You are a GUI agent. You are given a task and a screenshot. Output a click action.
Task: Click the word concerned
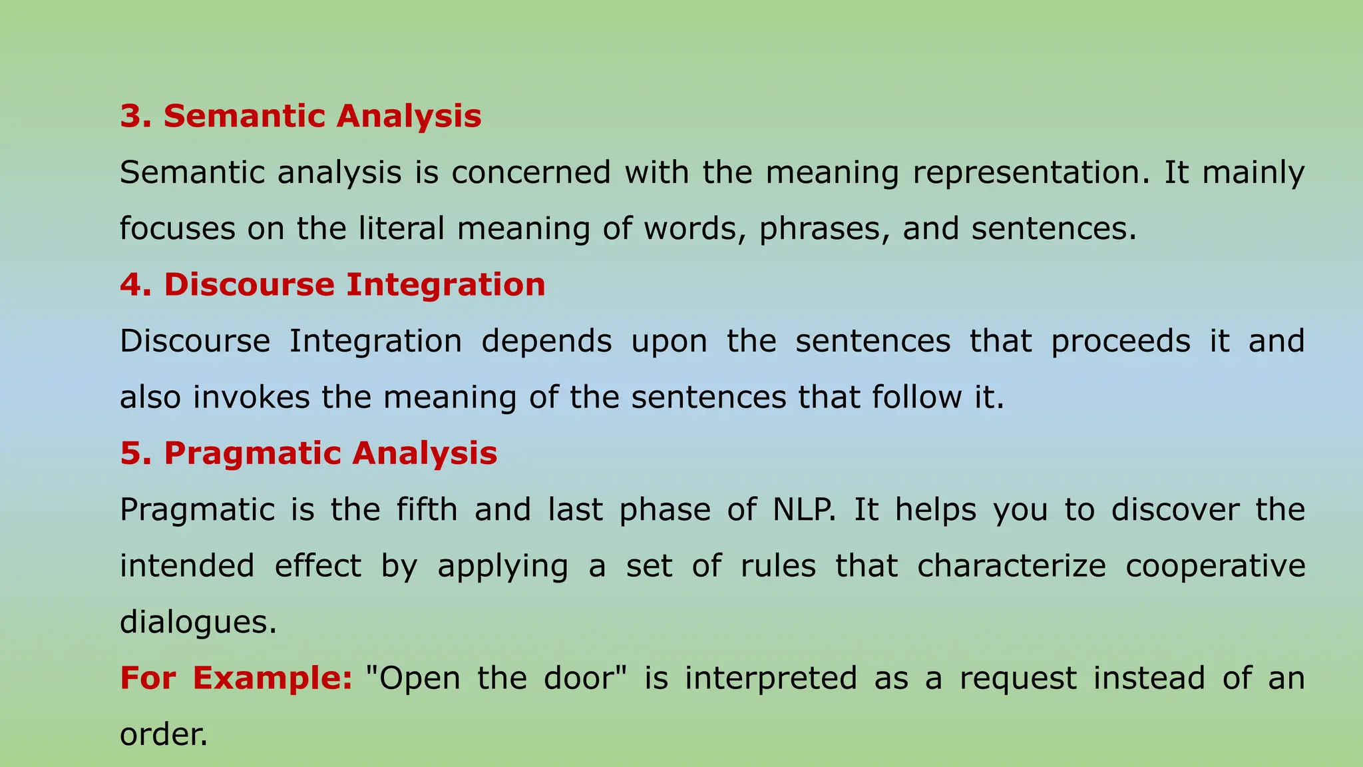[531, 172]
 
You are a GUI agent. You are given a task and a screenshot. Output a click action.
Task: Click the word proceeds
[1121, 342]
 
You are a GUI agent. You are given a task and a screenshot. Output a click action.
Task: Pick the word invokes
[252, 397]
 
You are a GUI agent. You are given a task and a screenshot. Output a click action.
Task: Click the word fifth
[427, 510]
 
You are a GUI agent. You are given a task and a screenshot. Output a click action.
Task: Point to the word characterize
[1012, 566]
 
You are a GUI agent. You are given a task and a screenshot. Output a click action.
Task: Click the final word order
[164, 734]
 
